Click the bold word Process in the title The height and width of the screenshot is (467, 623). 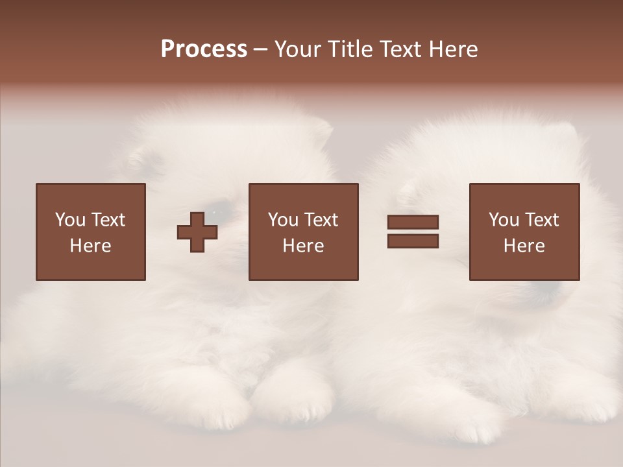point(204,49)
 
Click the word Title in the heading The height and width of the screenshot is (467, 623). point(350,49)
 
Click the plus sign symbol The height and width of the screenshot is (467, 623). point(197,232)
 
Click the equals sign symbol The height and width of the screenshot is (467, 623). point(413,232)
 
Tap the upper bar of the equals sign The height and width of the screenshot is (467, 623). point(413,222)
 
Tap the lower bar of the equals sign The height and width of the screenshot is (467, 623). point(413,241)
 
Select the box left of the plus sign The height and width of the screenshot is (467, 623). point(91,232)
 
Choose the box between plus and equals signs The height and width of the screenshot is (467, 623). point(303,232)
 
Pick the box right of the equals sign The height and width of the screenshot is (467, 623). point(524,232)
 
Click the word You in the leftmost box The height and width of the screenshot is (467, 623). point(70,220)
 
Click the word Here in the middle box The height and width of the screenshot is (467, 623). point(303,246)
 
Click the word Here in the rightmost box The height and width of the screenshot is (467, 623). point(524,246)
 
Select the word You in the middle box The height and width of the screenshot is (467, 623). point(283,220)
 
